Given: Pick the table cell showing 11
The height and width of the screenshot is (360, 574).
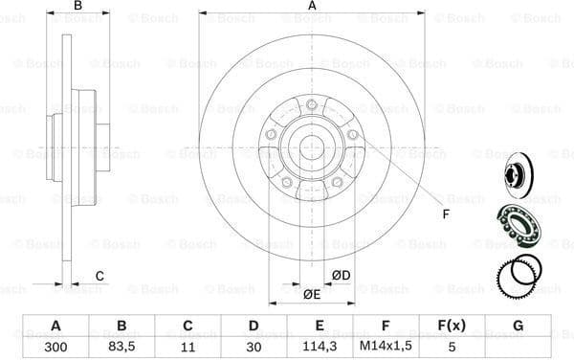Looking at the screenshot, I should coord(187,346).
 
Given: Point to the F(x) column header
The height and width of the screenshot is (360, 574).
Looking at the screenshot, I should coord(452,326).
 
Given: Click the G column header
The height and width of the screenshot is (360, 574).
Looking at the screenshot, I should coord(518,326).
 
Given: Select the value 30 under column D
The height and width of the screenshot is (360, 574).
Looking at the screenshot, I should coord(254,346).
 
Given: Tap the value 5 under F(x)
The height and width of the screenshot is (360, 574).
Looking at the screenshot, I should coord(452,346).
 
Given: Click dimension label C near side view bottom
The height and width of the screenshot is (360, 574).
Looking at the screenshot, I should coord(99,278).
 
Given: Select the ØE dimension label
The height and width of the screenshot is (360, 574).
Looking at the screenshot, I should coord(312,294).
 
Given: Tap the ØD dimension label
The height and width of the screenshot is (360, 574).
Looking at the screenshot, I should coord(341,276).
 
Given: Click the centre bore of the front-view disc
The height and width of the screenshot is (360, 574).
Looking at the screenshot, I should coord(312,148).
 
